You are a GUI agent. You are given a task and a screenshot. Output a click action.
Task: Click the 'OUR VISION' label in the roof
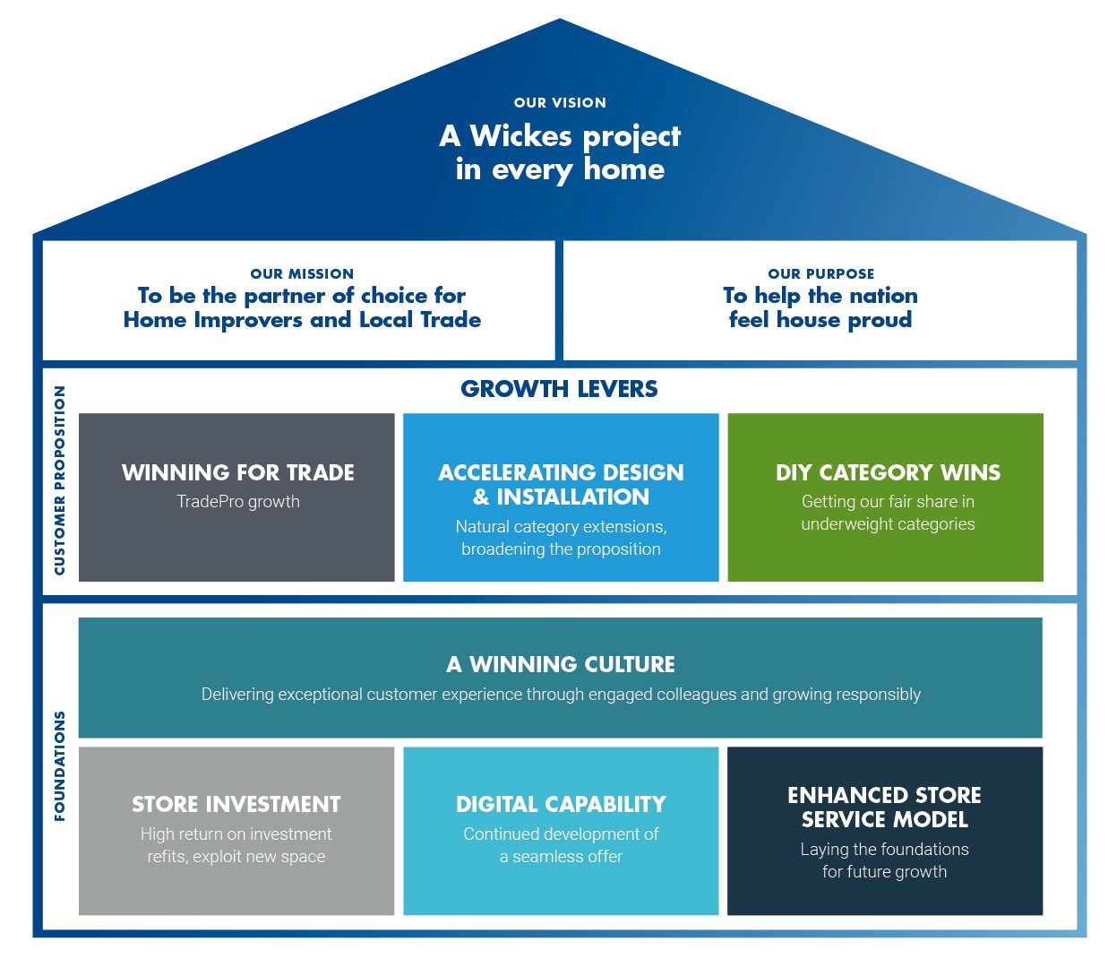[560, 103]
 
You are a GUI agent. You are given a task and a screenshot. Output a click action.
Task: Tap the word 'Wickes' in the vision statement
[520, 136]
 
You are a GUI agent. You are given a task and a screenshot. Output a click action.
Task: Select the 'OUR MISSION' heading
[302, 274]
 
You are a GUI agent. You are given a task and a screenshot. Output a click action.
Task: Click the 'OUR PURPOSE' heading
[820, 274]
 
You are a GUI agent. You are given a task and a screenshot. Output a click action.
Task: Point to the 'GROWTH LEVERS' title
[559, 389]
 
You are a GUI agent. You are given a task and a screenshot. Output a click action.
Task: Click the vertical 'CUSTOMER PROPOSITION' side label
[60, 480]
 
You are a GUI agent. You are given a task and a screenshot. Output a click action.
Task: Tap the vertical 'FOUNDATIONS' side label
[60, 766]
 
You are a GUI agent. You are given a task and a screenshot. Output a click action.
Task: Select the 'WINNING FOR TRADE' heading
[237, 472]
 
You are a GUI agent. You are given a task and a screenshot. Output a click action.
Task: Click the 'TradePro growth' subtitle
[237, 502]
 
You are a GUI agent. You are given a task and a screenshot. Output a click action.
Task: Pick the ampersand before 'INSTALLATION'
[481, 497]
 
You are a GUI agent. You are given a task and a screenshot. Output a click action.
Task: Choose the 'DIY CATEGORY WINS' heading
[887, 472]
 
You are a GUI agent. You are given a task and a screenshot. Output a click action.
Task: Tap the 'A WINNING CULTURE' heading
[561, 664]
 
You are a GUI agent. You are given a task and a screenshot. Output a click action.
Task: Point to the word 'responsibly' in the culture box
[878, 695]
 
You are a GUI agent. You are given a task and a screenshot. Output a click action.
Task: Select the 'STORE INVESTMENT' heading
[236, 804]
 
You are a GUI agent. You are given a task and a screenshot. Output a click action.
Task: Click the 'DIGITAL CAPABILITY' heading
[561, 804]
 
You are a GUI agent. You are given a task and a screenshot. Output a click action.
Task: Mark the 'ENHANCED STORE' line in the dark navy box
[884, 795]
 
